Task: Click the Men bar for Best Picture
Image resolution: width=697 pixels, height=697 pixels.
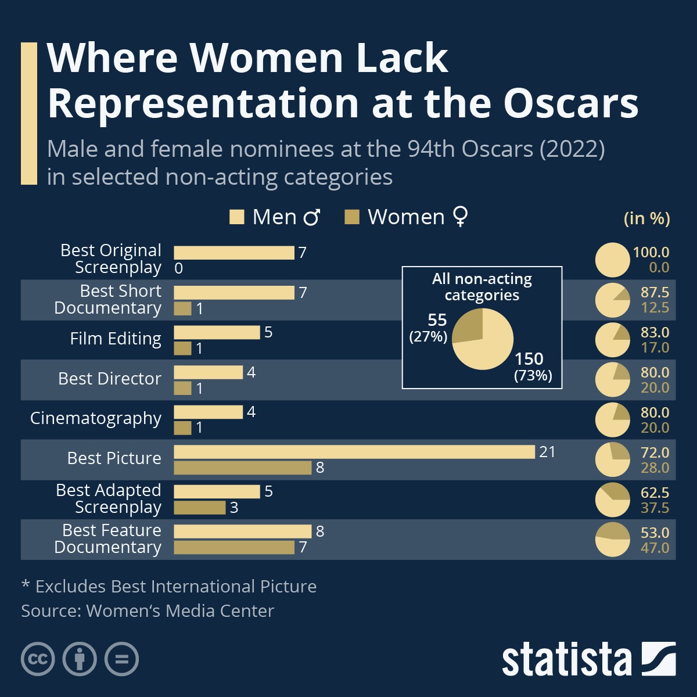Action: pos(354,452)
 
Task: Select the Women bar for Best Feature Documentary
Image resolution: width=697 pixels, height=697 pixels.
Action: pos(234,547)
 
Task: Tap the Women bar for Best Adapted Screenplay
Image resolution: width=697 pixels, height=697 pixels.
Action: pos(199,508)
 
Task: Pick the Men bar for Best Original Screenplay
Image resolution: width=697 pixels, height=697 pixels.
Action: pos(234,253)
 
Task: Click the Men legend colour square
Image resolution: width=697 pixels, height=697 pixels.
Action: pos(236,217)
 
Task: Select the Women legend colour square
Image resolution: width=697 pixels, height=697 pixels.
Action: pos(352,217)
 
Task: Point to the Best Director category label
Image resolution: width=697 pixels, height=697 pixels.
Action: pos(110,379)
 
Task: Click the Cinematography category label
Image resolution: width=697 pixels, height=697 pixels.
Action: pos(96,418)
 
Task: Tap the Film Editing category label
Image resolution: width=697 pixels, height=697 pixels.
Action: pos(116,339)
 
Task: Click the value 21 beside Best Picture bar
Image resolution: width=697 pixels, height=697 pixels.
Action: pos(547,452)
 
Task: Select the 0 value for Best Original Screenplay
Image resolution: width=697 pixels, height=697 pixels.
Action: pos(178,268)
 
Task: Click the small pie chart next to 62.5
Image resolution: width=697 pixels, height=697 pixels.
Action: pos(612,500)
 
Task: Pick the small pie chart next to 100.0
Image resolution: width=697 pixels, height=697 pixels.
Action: pos(612,260)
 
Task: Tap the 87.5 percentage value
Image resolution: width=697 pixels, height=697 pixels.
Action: pos(655,292)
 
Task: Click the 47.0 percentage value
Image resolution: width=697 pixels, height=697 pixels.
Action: pos(655,548)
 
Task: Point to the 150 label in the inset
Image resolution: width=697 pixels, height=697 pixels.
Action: pos(529,359)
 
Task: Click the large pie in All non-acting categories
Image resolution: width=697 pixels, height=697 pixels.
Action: pos(483,339)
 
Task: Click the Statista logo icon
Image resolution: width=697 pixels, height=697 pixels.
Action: pos(658,659)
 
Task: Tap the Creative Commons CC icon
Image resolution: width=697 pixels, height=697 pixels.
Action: pos(38,659)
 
